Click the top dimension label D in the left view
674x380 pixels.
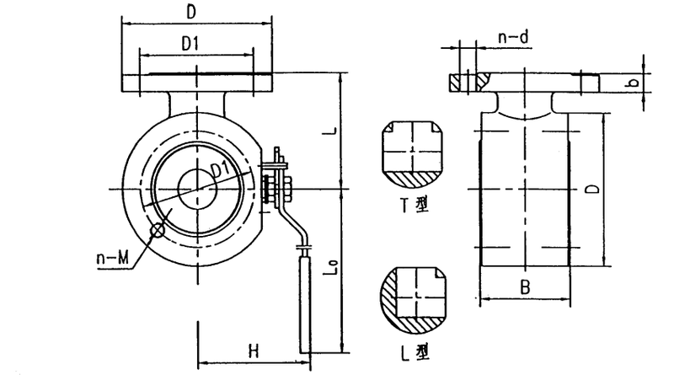(191, 12)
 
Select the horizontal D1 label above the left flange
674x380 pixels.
(190, 44)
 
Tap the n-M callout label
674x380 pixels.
(113, 259)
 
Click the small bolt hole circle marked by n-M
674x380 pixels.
(158, 231)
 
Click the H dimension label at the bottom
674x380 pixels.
(254, 351)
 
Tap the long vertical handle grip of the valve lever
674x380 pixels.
(305, 304)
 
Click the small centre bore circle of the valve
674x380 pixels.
(197, 190)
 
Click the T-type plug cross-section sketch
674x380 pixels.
(413, 155)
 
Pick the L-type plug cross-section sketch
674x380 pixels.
(413, 300)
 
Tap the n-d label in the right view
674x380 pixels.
(513, 38)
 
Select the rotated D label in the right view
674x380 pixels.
(594, 189)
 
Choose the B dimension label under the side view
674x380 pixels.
(525, 287)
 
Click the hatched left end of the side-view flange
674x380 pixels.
(456, 83)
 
